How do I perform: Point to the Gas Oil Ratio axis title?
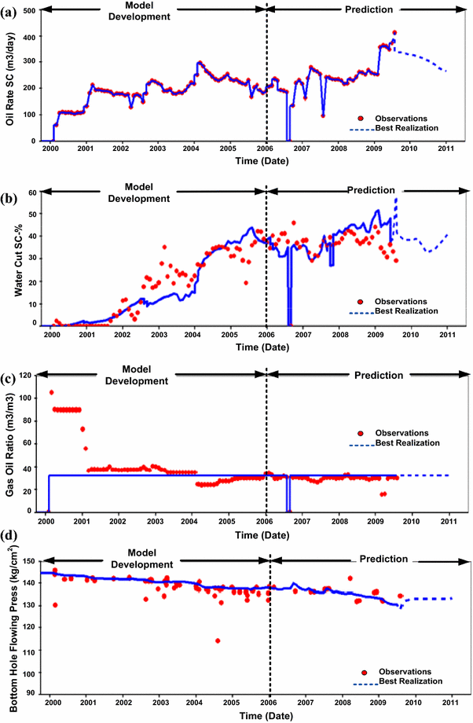pos(10,444)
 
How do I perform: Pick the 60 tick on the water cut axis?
pos(33,191)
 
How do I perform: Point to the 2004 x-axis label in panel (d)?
pos(194,702)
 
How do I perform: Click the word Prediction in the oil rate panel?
pos(372,9)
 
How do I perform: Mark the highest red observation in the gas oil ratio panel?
pos(52,392)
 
